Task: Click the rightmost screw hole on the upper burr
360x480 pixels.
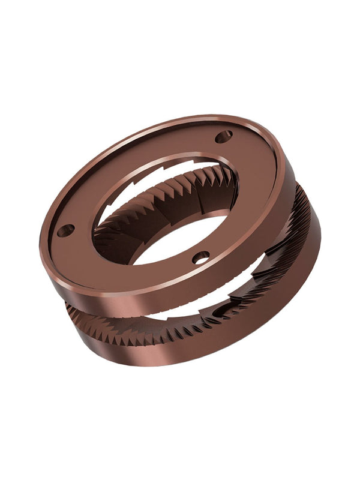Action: click(223, 137)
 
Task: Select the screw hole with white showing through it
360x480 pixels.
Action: click(201, 257)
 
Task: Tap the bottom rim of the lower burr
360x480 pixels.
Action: click(180, 364)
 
